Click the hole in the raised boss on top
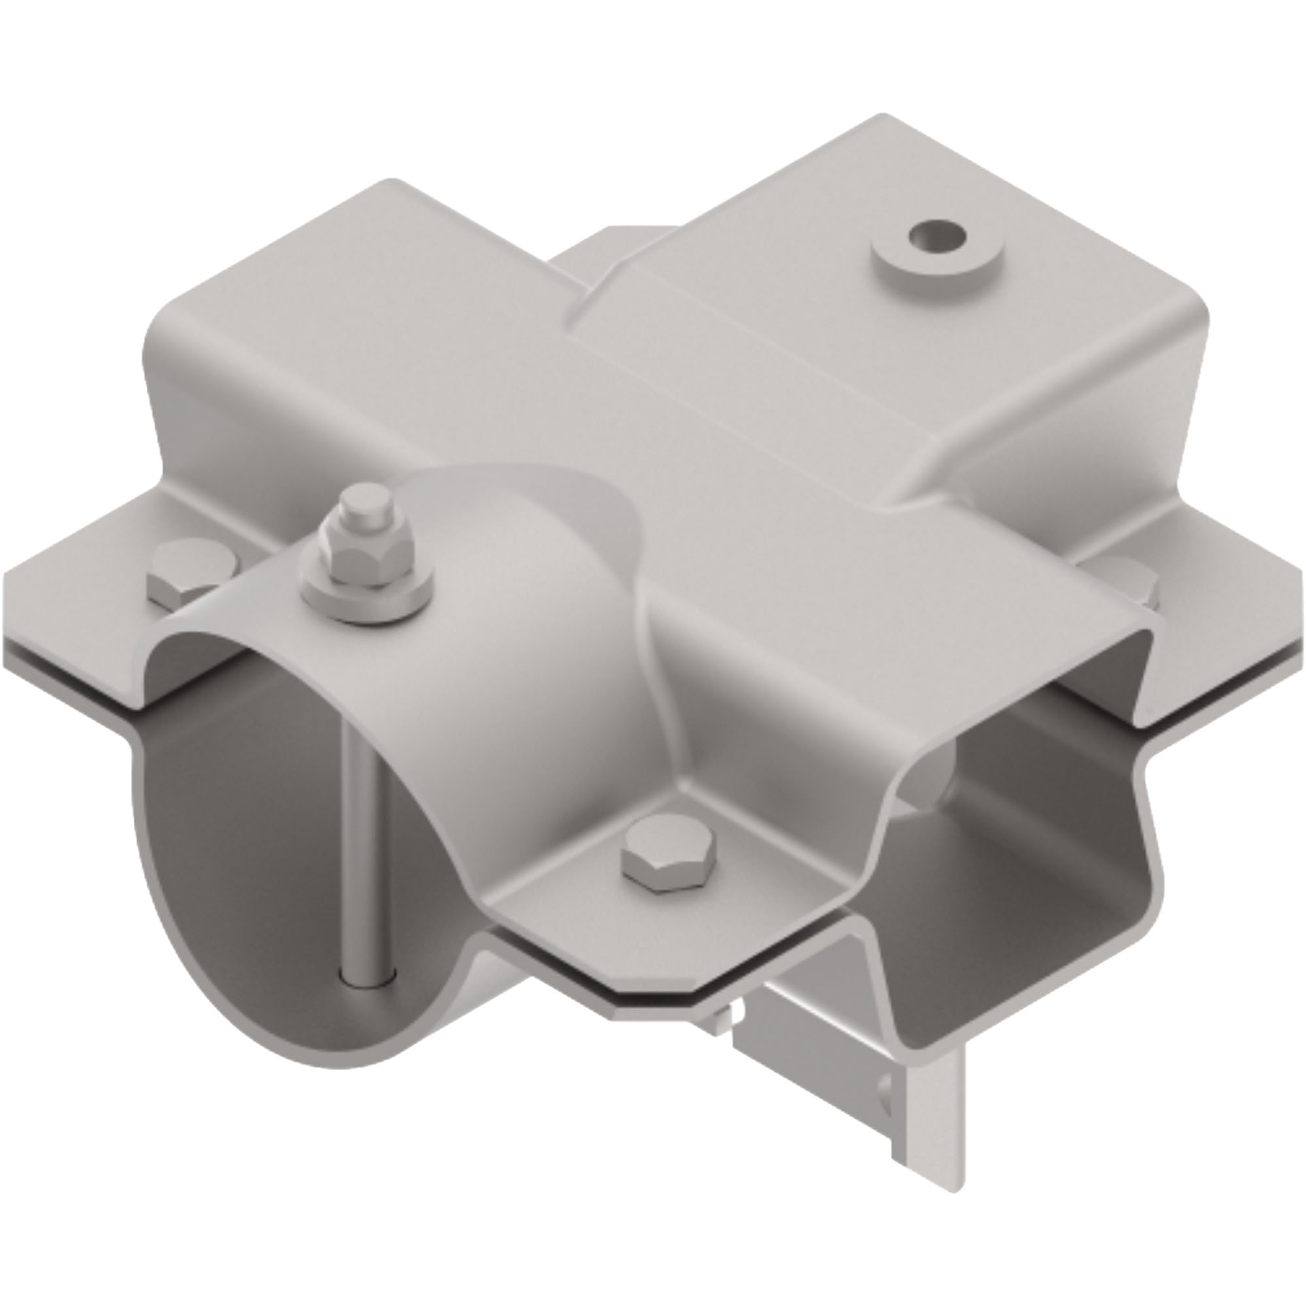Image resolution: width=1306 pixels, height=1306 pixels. [x=936, y=237]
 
